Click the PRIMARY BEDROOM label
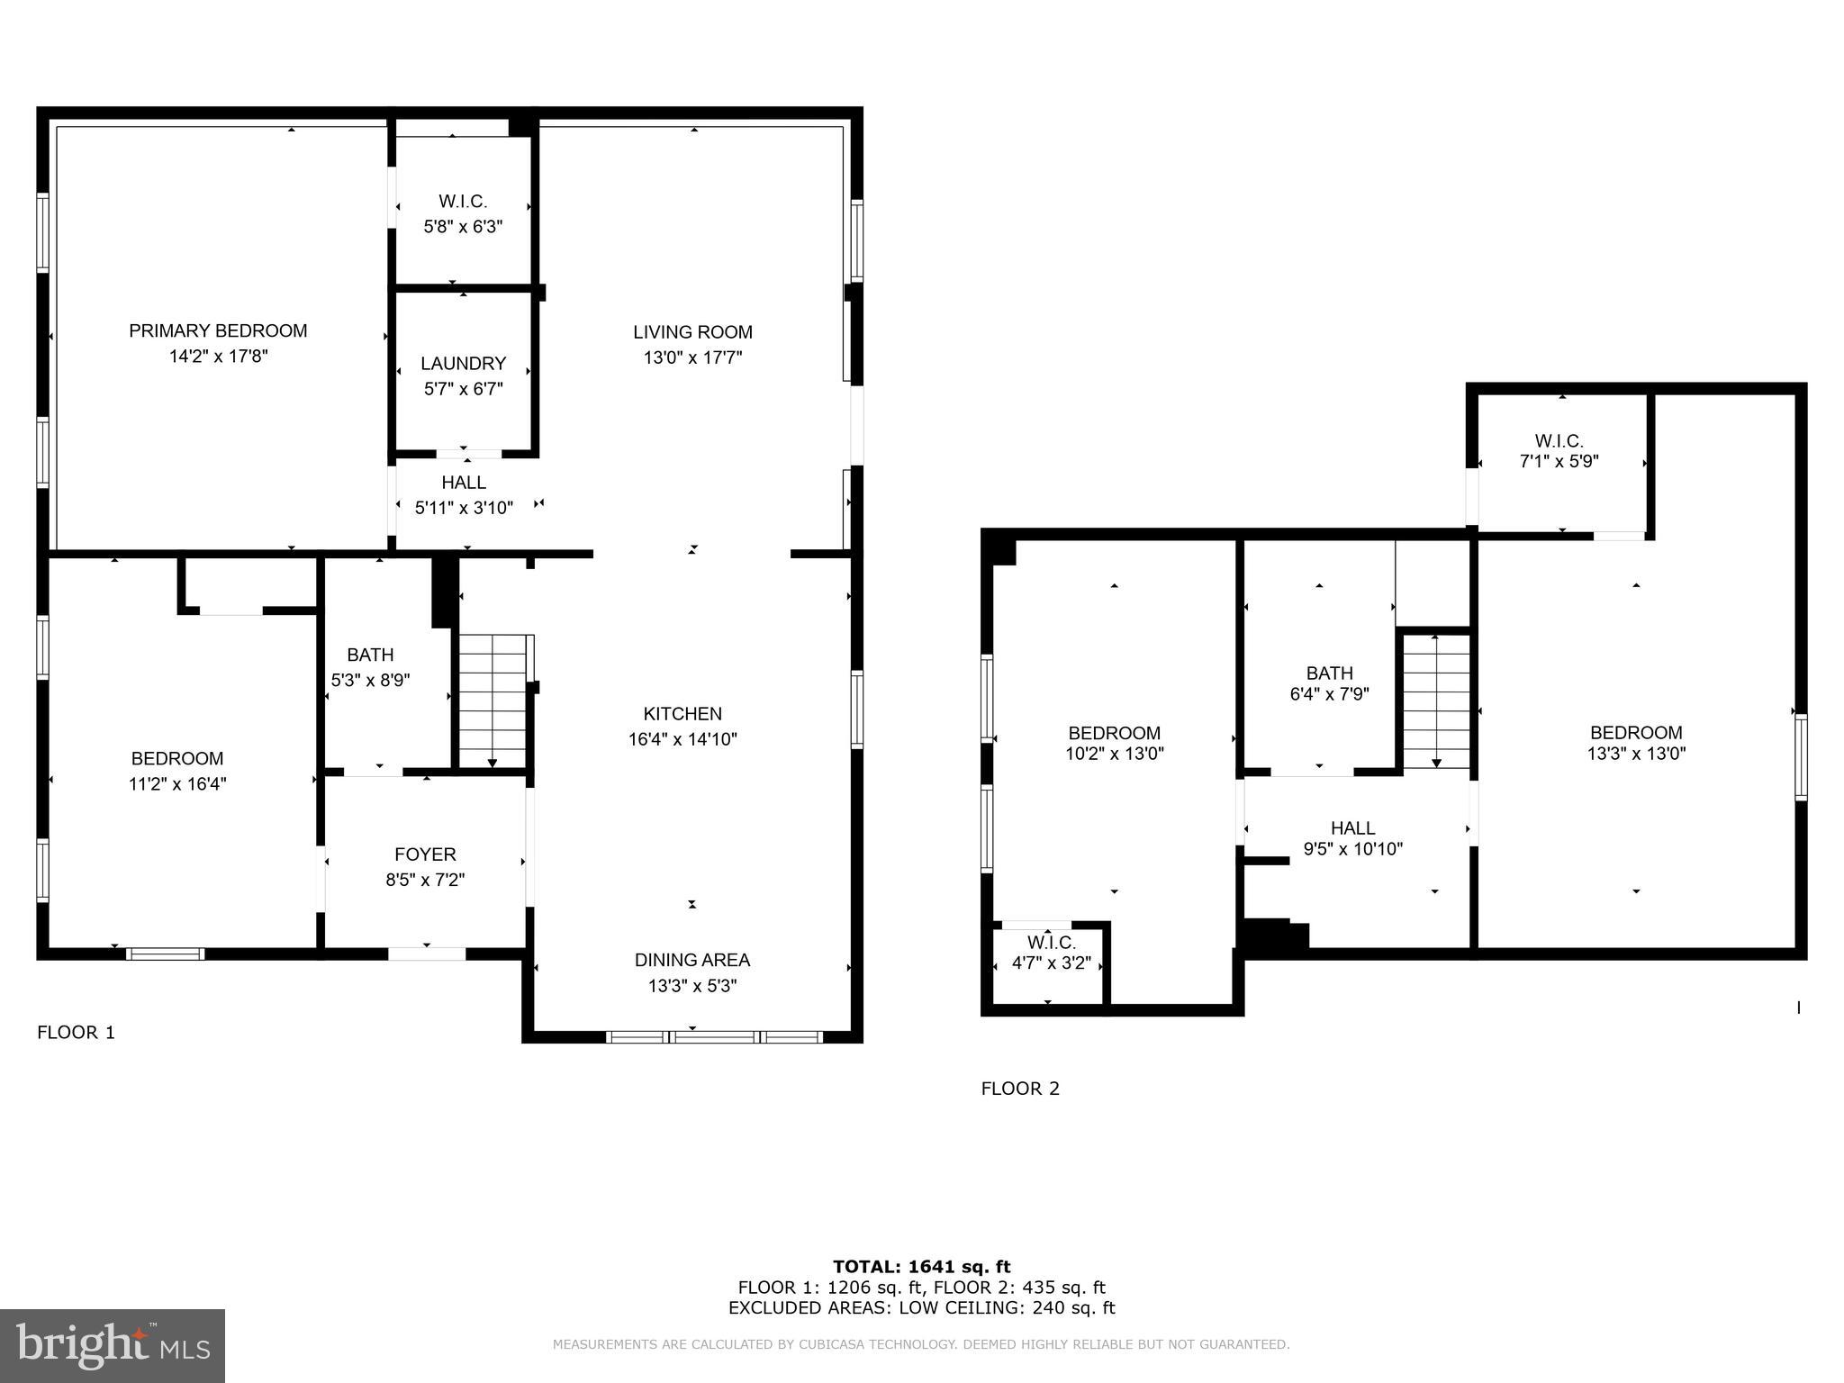[218, 331]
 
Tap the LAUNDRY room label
[463, 364]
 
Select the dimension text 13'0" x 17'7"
[692, 357]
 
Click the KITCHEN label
[682, 714]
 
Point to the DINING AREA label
[691, 960]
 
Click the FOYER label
[425, 854]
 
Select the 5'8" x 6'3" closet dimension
[463, 227]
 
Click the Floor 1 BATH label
[370, 655]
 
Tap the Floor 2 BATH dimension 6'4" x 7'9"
[1329, 694]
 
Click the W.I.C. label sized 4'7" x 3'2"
[1051, 943]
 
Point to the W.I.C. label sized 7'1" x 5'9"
[1559, 441]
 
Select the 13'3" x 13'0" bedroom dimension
[1635, 754]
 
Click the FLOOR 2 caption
[1020, 1089]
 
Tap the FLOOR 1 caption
[77, 1033]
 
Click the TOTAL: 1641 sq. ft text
[921, 1267]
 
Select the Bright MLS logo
[113, 1345]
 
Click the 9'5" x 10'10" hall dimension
[1352, 848]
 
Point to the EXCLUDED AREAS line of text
[921, 1308]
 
